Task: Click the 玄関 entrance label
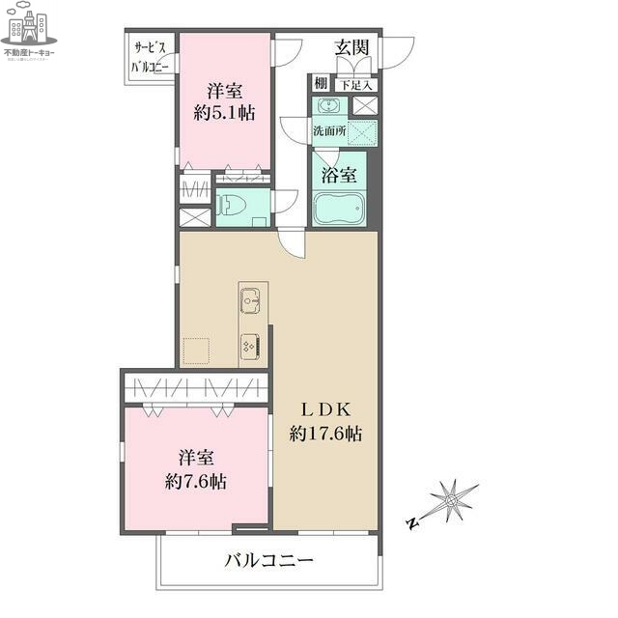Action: (352, 46)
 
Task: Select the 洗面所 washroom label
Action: (328, 129)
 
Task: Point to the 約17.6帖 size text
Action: (325, 435)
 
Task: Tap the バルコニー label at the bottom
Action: (269, 560)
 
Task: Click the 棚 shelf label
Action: (321, 84)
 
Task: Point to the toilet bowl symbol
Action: (232, 206)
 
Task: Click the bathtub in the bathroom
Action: (338, 210)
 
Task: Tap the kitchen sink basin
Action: (248, 301)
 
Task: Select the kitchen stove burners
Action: (248, 345)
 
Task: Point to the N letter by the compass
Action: (412, 524)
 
